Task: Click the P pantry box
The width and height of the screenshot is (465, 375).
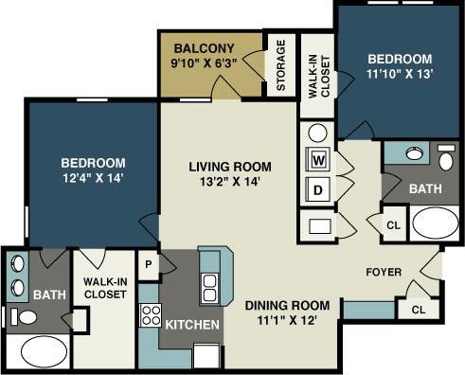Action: coord(149,265)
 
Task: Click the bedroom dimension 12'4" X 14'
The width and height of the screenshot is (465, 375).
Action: coord(94,176)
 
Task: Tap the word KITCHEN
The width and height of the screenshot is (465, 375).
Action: coord(193,325)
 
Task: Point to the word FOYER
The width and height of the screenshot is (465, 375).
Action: coord(384,273)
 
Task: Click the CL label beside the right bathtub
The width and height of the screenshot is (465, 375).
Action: coord(393,225)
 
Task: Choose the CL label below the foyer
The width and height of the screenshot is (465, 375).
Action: coord(418,310)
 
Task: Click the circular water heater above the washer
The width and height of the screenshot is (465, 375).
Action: coord(317,133)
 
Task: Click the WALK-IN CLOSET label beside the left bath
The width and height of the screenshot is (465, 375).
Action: coord(105,288)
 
